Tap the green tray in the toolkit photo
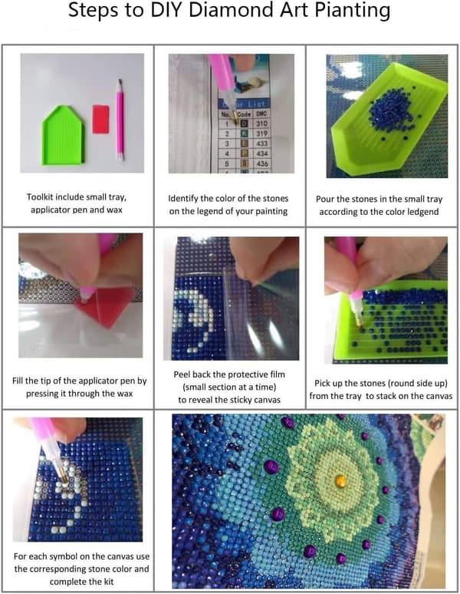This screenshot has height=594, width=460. tap(63, 136)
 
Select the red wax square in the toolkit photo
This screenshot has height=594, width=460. tap(100, 119)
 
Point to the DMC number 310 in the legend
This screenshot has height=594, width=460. tap(261, 124)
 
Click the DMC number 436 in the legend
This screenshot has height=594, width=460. tap(261, 163)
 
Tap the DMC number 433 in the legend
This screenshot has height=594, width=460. tap(261, 144)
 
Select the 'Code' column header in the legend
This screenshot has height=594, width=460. tap(244, 114)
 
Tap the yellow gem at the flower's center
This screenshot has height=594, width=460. tap(340, 480)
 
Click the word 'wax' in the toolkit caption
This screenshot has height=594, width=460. tap(114, 210)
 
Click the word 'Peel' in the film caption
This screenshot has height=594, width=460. tap(182, 375)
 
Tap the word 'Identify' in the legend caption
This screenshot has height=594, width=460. tap(182, 199)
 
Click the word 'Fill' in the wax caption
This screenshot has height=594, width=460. tap(18, 381)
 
